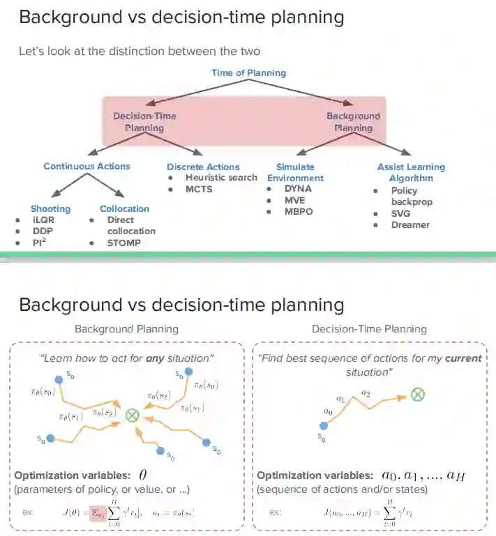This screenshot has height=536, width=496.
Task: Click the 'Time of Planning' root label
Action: [x=248, y=72]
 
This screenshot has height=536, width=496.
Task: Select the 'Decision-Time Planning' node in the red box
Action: [x=144, y=122]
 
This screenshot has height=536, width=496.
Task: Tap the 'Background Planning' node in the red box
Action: [x=353, y=122]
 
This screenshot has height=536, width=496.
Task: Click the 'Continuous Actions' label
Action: [x=87, y=167]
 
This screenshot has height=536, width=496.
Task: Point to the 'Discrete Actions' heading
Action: [x=203, y=167]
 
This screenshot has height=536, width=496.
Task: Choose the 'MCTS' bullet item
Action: [x=199, y=189]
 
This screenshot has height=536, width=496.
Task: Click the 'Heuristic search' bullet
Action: [x=221, y=178]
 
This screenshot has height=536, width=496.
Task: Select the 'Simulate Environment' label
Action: [x=295, y=172]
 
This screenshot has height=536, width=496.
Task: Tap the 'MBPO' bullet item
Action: [x=299, y=210]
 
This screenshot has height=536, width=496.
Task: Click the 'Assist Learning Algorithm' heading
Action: [x=411, y=172]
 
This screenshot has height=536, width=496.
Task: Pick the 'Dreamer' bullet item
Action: [x=410, y=225]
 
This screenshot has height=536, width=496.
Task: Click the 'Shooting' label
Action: [x=50, y=208]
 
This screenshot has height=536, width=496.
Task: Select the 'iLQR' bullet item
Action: [x=44, y=220]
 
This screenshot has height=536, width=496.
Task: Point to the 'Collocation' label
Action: [x=124, y=208]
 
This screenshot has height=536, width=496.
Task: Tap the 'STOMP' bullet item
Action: [x=123, y=243]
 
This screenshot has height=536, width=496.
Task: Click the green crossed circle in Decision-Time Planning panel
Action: [x=417, y=395]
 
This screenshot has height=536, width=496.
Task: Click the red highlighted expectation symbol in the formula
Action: [x=96, y=513]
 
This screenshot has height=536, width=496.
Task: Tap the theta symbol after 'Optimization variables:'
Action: [x=142, y=475]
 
